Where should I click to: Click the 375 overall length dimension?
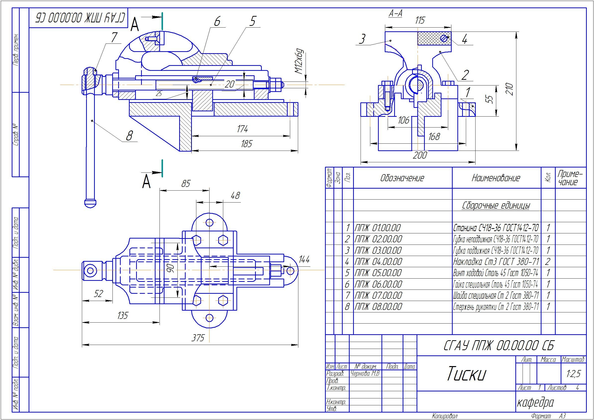[198, 338]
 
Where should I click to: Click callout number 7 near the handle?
[114, 38]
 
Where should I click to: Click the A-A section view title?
[395, 13]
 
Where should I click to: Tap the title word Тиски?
[466, 374]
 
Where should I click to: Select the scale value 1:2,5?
[574, 374]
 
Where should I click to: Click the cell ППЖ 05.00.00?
[378, 273]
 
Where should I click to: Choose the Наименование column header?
[496, 178]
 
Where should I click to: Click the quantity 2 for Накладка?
[548, 262]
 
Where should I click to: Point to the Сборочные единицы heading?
[496, 206]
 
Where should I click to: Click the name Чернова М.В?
[365, 374]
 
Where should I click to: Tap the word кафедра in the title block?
[536, 402]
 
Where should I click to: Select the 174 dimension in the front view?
[242, 129]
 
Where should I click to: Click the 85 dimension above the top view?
[186, 184]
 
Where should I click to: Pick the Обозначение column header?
[402, 178]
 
